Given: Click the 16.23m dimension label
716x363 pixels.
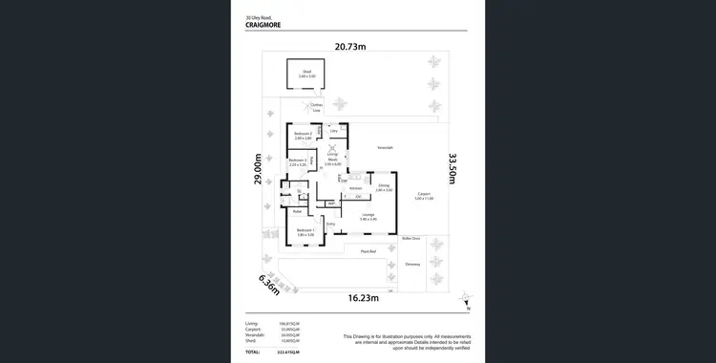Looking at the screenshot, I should click(365, 298).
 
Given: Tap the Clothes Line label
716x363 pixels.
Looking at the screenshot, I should click(316, 108).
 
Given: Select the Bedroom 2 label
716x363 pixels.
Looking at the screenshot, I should click(304, 136).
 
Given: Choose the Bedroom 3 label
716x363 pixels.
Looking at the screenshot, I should click(298, 162).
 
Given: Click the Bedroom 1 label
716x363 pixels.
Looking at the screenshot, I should click(305, 232).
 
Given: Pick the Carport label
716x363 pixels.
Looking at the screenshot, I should click(424, 197).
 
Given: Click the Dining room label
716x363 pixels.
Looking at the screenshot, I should click(384, 187).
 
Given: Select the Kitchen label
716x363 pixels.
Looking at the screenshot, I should click(355, 188).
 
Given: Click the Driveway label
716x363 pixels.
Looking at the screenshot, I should click(412, 264).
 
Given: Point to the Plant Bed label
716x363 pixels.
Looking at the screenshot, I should click(367, 252).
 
